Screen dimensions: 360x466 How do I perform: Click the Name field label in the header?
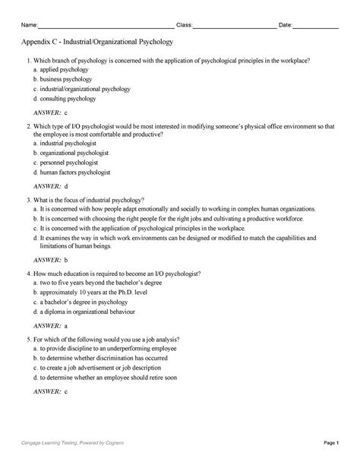[30, 25]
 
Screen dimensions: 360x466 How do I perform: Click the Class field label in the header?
[184, 25]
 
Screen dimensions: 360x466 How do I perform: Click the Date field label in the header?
[286, 25]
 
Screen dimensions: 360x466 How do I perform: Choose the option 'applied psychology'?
[65, 68]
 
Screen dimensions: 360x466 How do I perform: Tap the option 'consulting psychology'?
[68, 98]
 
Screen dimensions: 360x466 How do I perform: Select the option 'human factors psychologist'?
[77, 172]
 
